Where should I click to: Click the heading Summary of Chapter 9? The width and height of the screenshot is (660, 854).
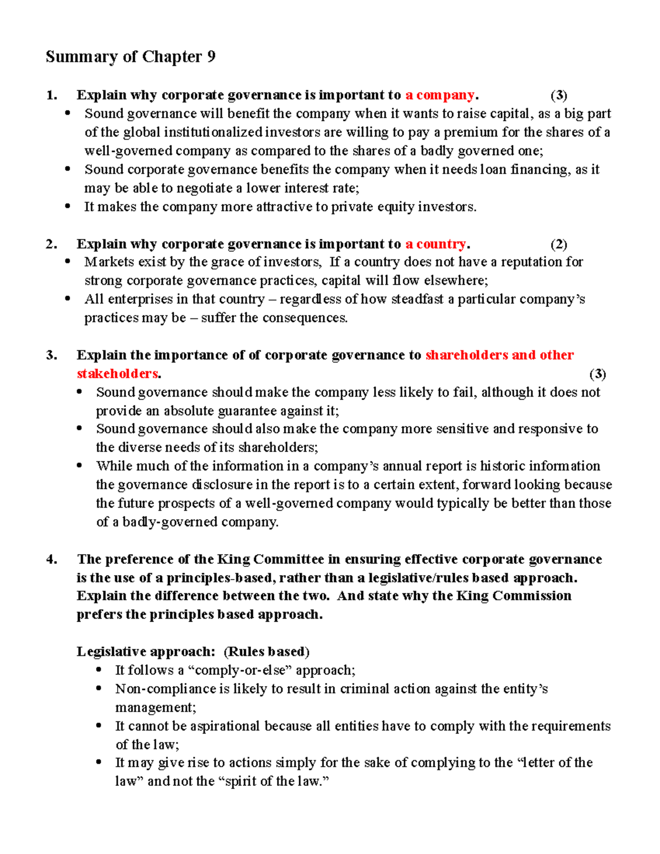tap(130, 57)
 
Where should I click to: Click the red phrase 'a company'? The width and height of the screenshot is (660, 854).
tap(439, 95)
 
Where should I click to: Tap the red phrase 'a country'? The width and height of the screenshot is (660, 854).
tap(436, 244)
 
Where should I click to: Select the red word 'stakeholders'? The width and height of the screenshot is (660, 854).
tap(117, 374)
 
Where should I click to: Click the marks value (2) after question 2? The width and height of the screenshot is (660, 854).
tap(559, 244)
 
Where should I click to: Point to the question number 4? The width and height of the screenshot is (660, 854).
tap(52, 560)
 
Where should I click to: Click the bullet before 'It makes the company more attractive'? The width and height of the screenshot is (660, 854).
tap(68, 207)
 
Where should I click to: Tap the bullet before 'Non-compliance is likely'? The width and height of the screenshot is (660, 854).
tap(99, 689)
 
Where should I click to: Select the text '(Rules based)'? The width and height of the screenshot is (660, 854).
tap(267, 652)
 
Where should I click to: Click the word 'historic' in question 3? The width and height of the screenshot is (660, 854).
tap(502, 466)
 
